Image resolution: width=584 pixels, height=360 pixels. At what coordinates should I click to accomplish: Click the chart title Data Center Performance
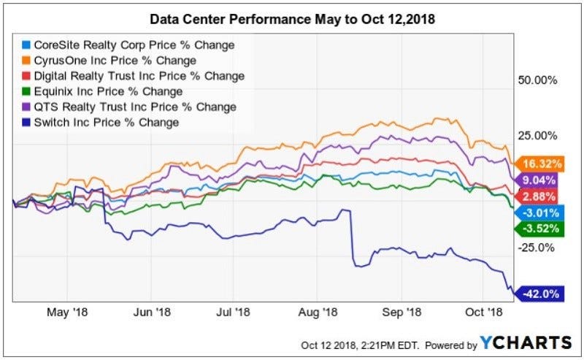[291, 18]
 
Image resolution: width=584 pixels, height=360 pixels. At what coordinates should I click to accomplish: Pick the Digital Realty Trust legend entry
[139, 76]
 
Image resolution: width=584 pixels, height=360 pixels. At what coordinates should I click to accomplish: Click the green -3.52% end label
[542, 229]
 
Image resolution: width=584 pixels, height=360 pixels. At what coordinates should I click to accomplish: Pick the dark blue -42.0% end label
[542, 294]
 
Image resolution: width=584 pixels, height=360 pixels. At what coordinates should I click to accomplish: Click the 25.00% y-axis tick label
[537, 135]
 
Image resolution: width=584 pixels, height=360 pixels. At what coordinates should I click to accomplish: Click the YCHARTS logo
[526, 342]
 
